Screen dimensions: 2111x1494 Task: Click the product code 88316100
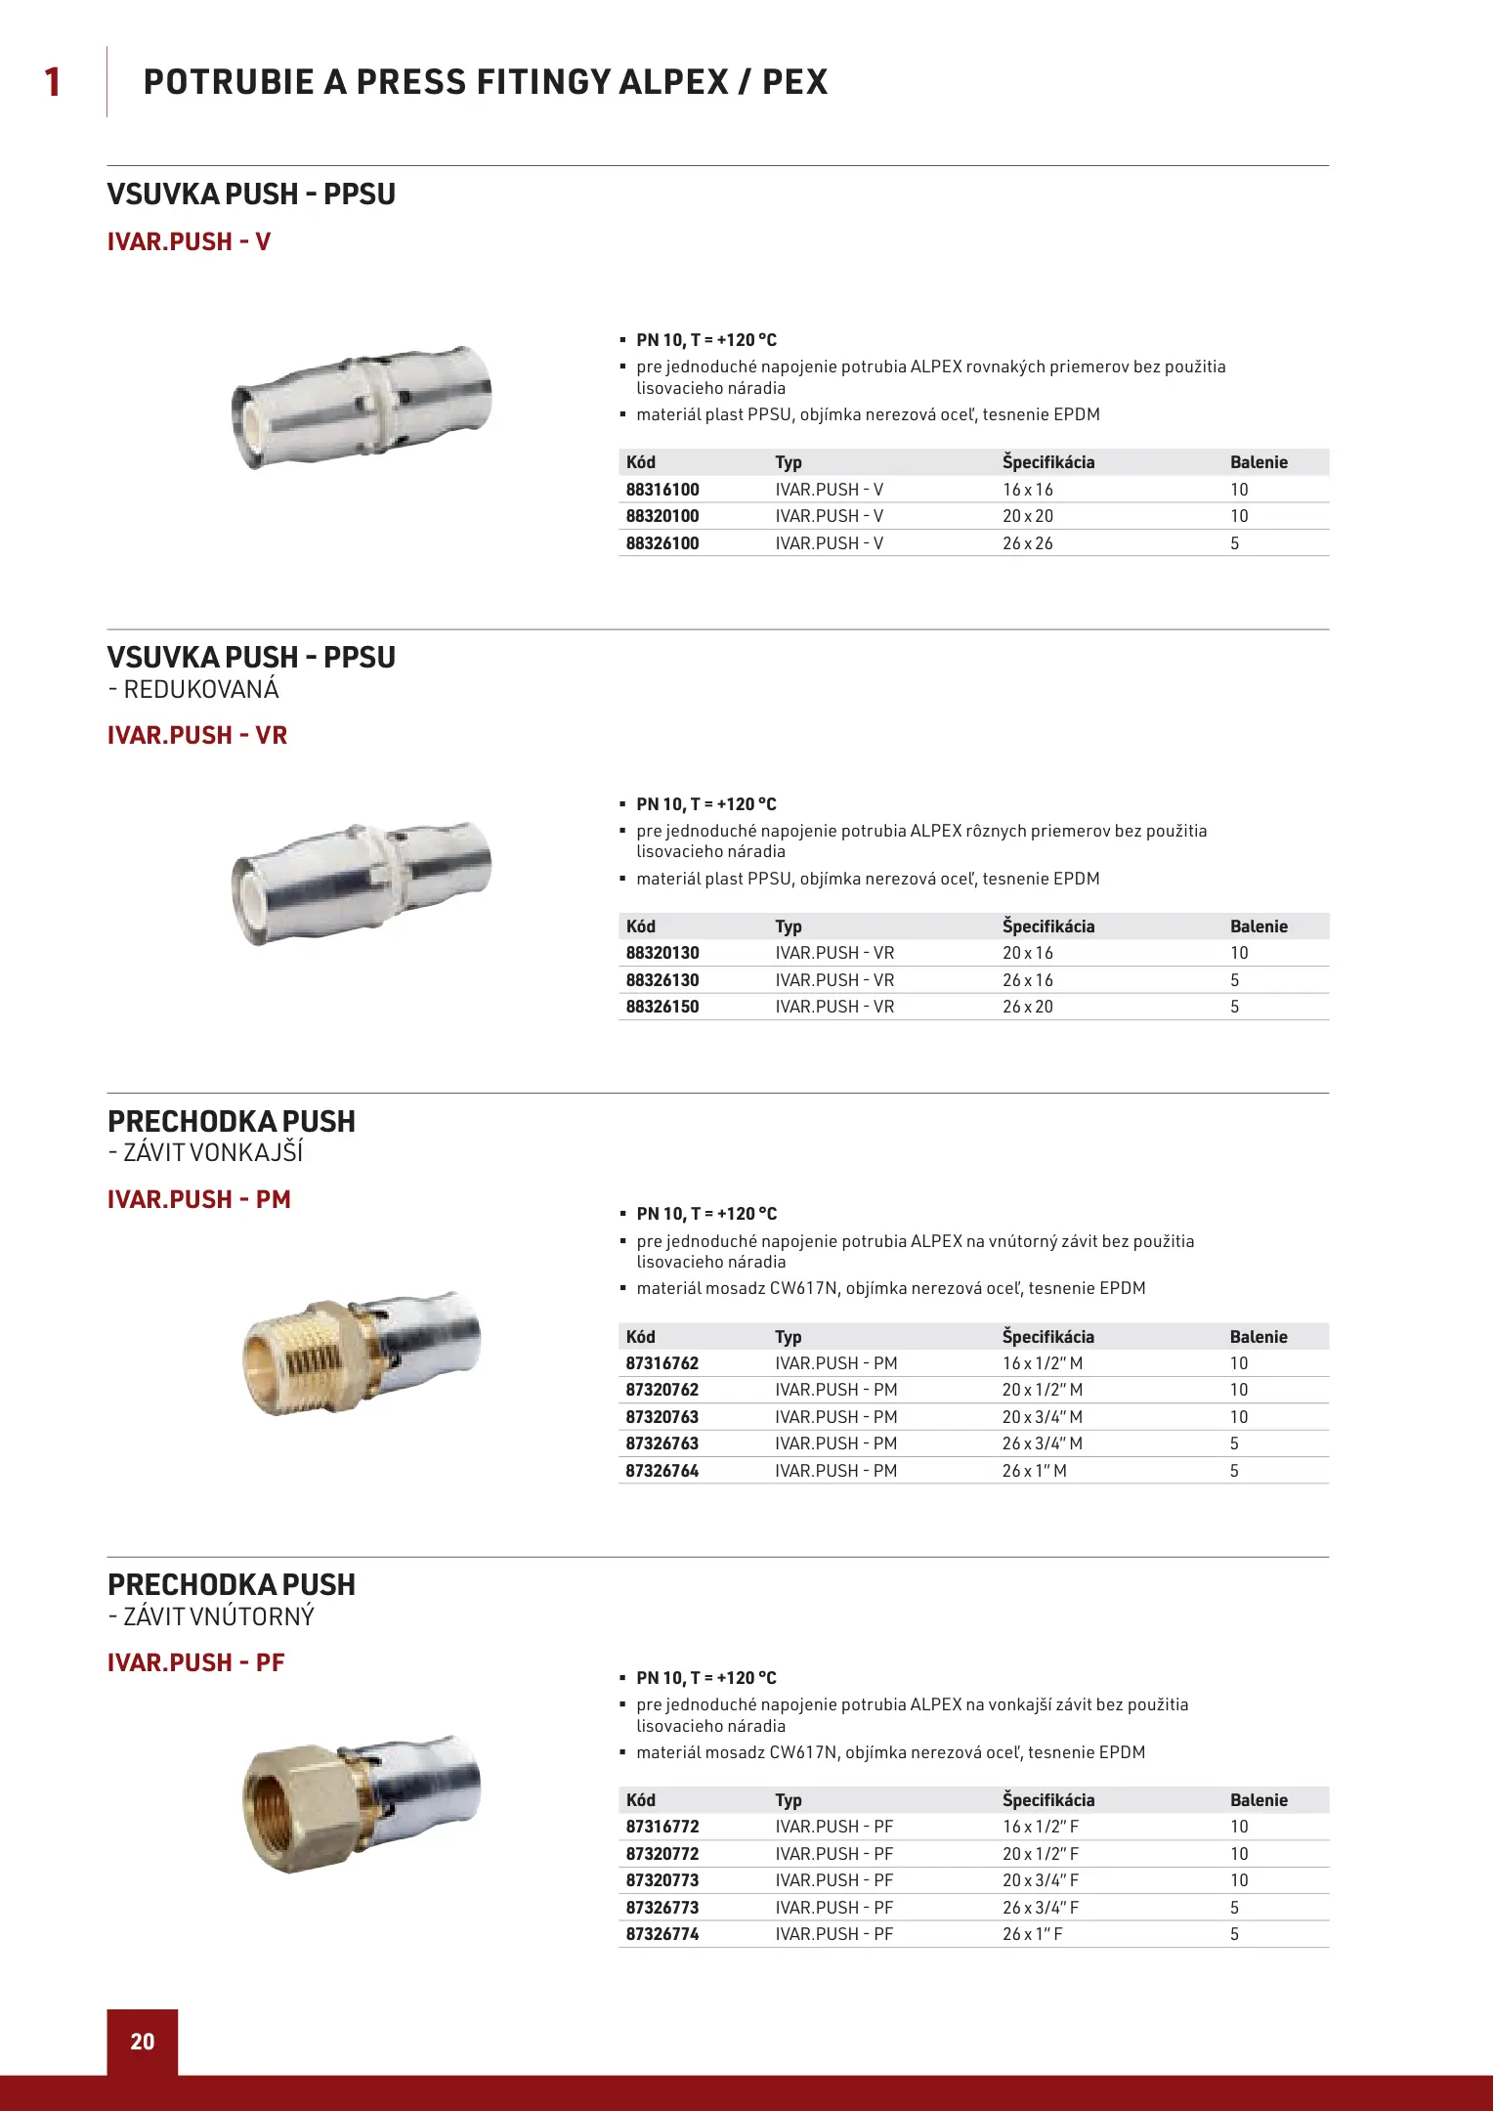tap(662, 490)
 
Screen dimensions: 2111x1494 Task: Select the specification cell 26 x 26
tap(1028, 543)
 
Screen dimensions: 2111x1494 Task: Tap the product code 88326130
tap(662, 980)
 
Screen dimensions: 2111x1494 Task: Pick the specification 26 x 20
tap(1028, 1007)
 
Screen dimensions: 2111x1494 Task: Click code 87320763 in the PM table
tap(662, 1417)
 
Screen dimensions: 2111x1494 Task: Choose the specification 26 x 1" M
tap(1035, 1471)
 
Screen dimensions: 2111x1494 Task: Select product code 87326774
tap(662, 1934)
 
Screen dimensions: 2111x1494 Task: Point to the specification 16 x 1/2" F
tap(1041, 1827)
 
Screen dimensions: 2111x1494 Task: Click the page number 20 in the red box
tap(143, 2042)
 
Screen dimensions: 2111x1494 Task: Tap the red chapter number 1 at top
tap(53, 82)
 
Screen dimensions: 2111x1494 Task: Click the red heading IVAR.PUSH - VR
tap(197, 735)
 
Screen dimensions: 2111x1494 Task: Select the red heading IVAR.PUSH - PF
tap(195, 1662)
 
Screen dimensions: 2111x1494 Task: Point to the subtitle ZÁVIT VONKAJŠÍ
tap(213, 1153)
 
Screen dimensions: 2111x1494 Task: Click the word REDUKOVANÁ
tap(201, 690)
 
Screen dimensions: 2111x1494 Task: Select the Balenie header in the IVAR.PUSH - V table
tap(1259, 462)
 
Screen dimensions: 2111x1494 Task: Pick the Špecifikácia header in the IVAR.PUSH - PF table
tap(1048, 1800)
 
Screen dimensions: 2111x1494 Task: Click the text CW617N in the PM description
tap(804, 1288)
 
